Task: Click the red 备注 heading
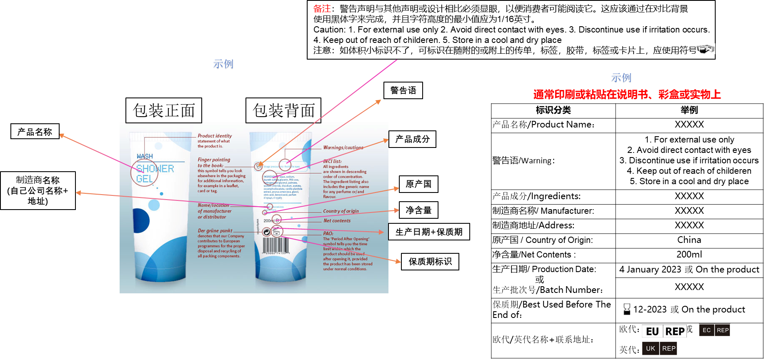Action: pyautogui.click(x=322, y=9)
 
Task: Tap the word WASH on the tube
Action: pyautogui.click(x=145, y=156)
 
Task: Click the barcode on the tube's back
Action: pyautogui.click(x=276, y=245)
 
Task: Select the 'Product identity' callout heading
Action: pyautogui.click(x=215, y=136)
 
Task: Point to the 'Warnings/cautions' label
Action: pyautogui.click(x=343, y=147)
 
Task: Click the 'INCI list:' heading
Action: pyautogui.click(x=332, y=161)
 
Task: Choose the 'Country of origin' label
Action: pyautogui.click(x=341, y=211)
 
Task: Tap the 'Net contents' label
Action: pyautogui.click(x=337, y=221)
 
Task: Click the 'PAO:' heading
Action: pyautogui.click(x=328, y=234)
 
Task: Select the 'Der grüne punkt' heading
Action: pyautogui.click(x=215, y=230)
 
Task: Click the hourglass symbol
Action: pyautogui.click(x=627, y=309)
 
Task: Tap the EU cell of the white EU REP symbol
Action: pyautogui.click(x=652, y=331)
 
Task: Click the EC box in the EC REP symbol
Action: pyautogui.click(x=706, y=330)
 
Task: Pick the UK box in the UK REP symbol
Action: pyautogui.click(x=651, y=348)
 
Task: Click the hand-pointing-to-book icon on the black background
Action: pyautogui.click(x=705, y=49)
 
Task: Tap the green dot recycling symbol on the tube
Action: pyautogui.click(x=266, y=232)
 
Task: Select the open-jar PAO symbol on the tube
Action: pyautogui.click(x=277, y=231)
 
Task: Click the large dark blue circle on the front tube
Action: pyautogui.click(x=140, y=220)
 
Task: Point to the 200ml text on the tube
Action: pyautogui.click(x=268, y=220)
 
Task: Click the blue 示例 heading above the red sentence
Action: pyautogui.click(x=621, y=78)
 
